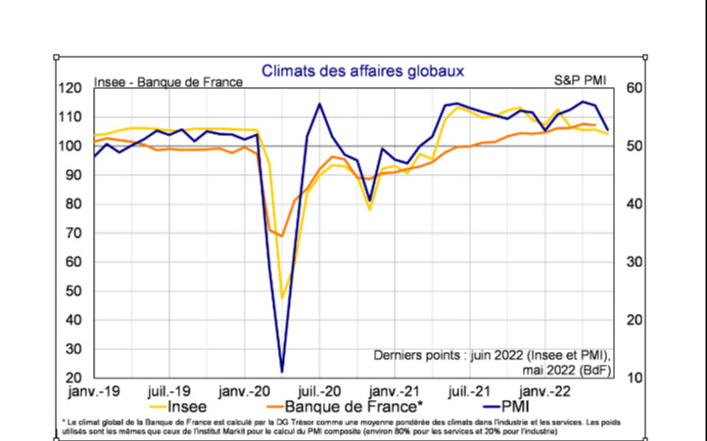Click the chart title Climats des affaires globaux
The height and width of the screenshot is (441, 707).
coord(361,71)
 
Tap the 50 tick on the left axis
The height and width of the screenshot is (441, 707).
coord(71,291)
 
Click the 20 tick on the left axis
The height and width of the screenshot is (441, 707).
coord(71,378)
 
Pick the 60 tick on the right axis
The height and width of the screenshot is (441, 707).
coord(634,88)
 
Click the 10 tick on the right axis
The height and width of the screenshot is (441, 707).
coord(634,378)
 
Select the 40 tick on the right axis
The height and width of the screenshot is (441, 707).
coord(634,204)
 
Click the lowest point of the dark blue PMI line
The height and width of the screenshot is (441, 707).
coord(282,372)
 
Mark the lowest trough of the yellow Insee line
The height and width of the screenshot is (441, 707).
coord(282,298)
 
